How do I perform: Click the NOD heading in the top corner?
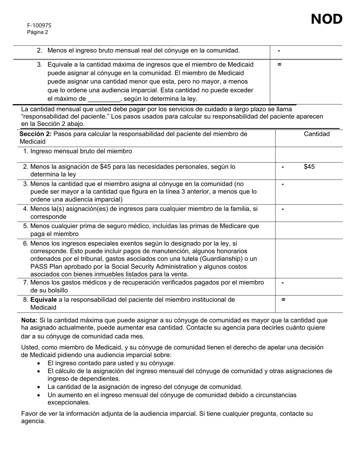point(327,19)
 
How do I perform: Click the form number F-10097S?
point(39,25)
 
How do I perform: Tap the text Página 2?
point(38,32)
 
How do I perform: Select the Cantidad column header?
point(317,134)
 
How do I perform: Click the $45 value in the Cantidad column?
point(309,167)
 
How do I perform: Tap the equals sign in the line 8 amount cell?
point(283,300)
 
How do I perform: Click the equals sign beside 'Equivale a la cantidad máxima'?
point(279,64)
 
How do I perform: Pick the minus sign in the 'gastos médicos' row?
point(283,283)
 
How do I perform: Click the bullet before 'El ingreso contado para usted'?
point(39,363)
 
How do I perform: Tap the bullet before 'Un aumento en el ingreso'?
point(39,395)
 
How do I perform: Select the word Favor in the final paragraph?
point(29,413)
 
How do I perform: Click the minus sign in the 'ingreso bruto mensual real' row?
point(279,50)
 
